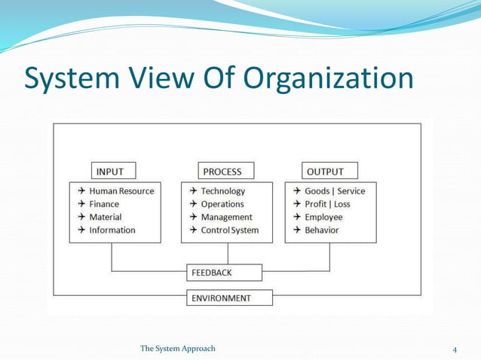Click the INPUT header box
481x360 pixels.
(x=115, y=171)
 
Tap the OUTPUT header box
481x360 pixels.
(x=329, y=171)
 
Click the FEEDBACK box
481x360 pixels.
(x=225, y=272)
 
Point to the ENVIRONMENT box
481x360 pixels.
(x=229, y=297)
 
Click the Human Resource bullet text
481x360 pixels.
(x=121, y=191)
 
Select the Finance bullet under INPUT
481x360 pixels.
(x=104, y=204)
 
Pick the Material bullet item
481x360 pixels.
(x=106, y=217)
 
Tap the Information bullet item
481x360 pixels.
(x=112, y=230)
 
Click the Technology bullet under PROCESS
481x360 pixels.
(x=222, y=191)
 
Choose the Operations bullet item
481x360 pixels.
(x=222, y=204)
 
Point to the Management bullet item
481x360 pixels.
(x=226, y=217)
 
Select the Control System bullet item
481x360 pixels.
(x=229, y=230)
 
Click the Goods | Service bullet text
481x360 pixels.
(x=335, y=191)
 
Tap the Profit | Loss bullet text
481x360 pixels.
(x=327, y=204)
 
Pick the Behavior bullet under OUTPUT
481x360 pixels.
(x=322, y=230)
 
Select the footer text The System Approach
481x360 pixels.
(x=178, y=348)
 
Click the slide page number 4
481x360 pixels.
(x=455, y=349)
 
